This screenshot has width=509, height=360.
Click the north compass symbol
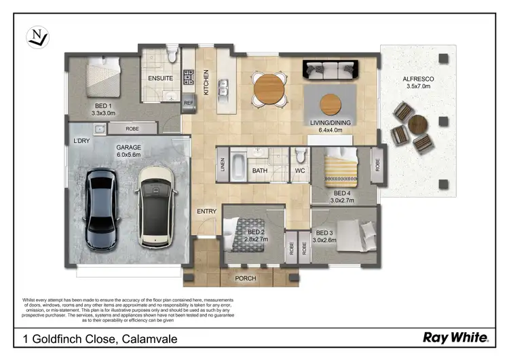37,37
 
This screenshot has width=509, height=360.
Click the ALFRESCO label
419,79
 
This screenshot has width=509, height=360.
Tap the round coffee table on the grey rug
331,104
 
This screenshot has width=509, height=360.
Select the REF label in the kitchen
189,103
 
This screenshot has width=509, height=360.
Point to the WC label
300,171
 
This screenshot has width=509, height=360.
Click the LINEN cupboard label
222,165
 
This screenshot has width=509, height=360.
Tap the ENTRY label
206,211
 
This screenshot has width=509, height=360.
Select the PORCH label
245,278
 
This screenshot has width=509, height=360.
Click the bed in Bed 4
339,170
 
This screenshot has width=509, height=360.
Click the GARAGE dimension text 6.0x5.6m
128,154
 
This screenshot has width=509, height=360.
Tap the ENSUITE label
161,78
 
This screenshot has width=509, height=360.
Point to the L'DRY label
82,141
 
